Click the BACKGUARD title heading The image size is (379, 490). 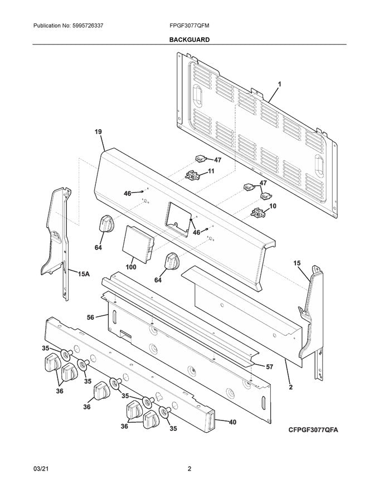click(189, 40)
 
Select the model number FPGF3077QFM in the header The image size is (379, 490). click(189, 26)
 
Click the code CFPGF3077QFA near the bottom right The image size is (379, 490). click(314, 430)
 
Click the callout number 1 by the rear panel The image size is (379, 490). click(279, 84)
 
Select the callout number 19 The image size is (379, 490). click(98, 132)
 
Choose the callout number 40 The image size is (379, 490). click(232, 422)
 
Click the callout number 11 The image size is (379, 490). click(211, 171)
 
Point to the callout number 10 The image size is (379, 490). click(273, 206)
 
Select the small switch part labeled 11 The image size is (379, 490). click(192, 175)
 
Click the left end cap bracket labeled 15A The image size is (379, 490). click(60, 234)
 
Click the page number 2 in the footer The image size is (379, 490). click(189, 469)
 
